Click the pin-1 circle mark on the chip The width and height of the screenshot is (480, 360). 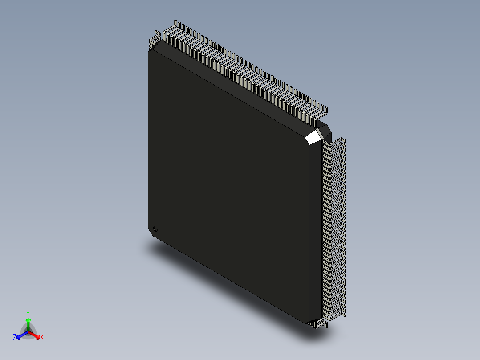click(155, 229)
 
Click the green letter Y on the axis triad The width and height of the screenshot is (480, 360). click(28, 313)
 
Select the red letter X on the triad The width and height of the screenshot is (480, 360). click(42, 338)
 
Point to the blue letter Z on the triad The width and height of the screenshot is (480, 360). click(15, 338)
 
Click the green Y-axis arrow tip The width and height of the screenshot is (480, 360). click(28, 320)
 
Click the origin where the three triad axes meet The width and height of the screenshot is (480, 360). click(28, 331)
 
